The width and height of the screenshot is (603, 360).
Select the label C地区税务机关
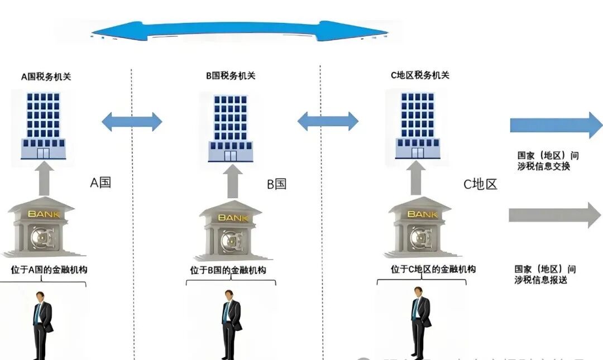[420, 75]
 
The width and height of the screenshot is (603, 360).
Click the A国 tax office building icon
[43, 126]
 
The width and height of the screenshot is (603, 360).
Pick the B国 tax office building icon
[230, 128]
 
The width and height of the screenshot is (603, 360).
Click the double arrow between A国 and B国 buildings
[132, 121]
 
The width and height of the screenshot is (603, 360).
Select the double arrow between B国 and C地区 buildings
[328, 121]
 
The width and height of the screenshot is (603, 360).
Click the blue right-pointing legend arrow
[556, 125]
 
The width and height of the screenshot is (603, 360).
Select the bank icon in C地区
[418, 227]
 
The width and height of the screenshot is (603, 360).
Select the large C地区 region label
[480, 184]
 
